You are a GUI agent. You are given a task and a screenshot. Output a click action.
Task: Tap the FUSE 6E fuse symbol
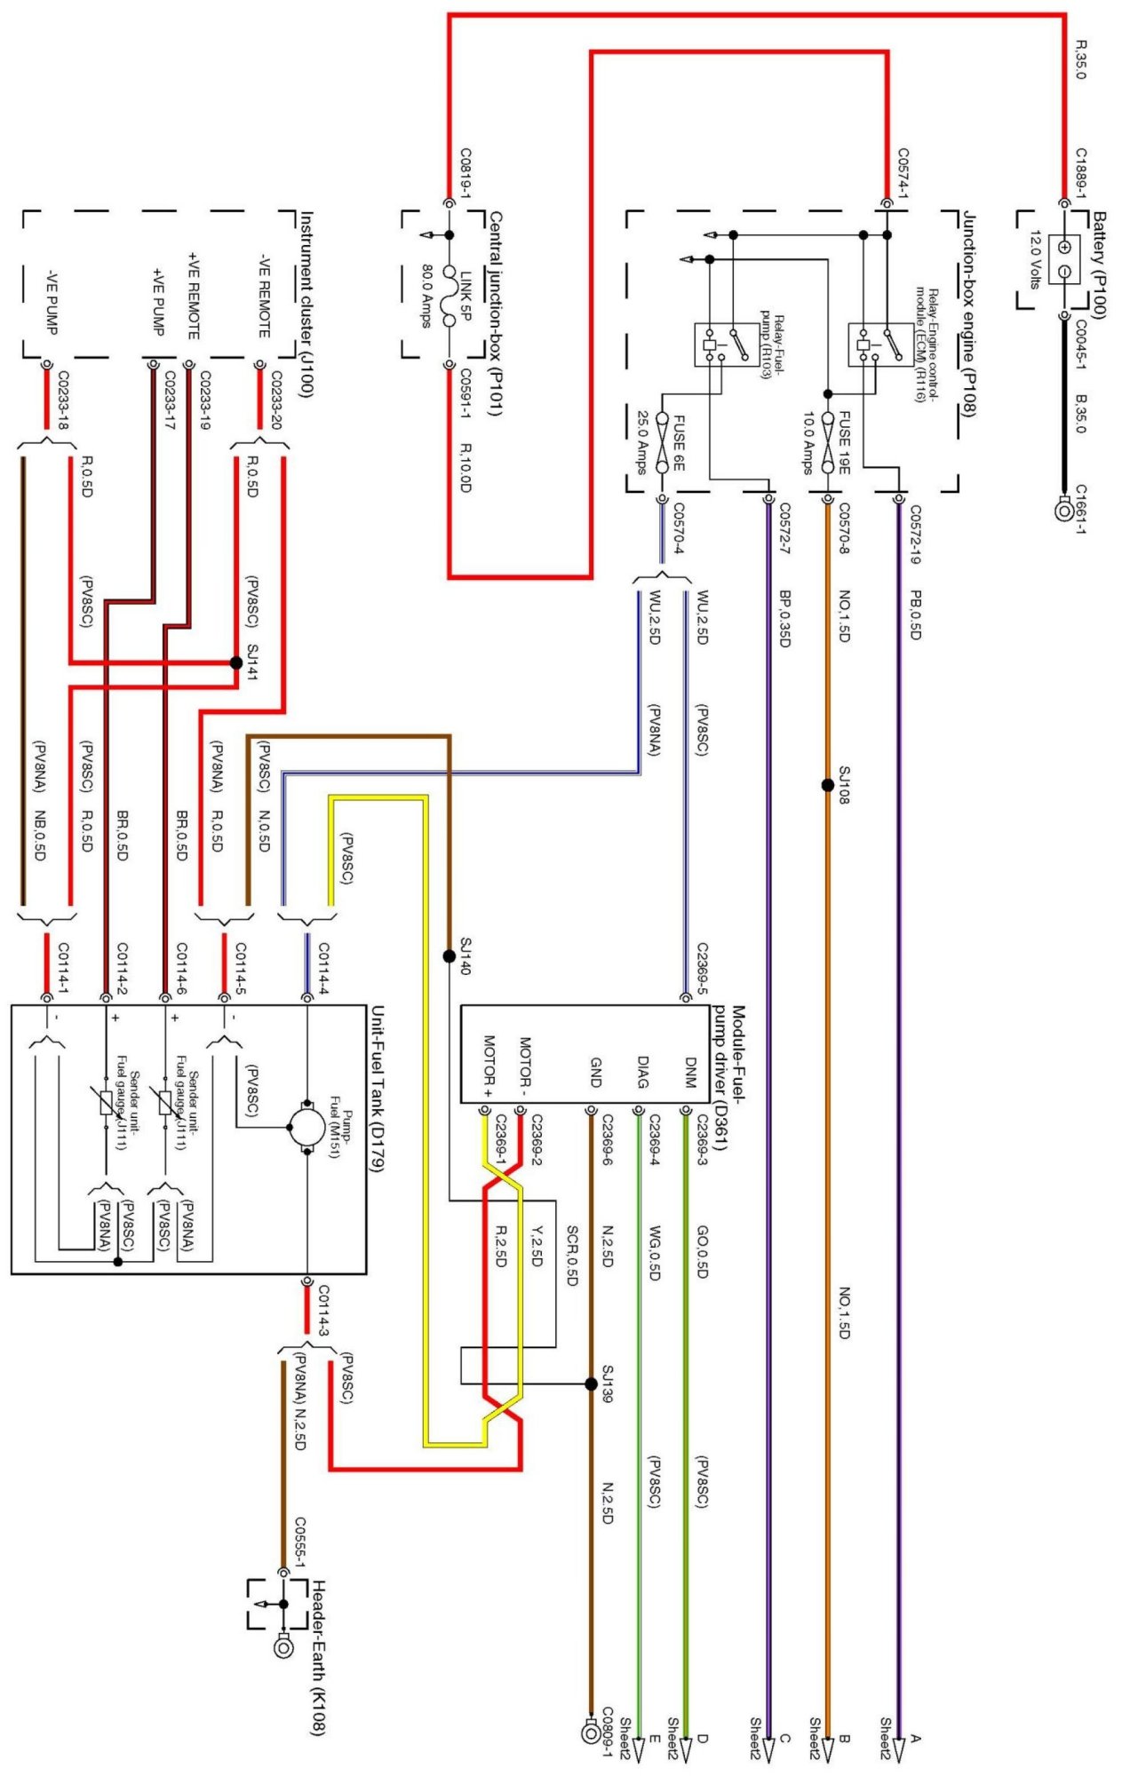662,442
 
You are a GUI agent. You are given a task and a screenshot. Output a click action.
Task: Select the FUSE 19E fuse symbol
828,442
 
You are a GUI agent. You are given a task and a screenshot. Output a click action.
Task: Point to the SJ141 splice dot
235,662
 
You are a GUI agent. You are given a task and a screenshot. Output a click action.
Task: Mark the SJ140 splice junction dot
449,956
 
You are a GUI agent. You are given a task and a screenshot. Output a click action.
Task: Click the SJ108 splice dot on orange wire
828,785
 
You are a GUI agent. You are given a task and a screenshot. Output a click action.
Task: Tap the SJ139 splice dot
591,1384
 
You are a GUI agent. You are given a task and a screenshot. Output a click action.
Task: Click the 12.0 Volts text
1035,260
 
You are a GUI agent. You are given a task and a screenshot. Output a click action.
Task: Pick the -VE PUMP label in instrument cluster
52,301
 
